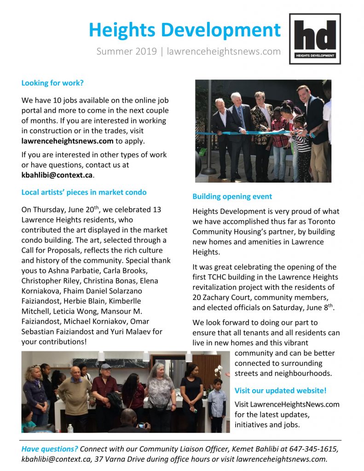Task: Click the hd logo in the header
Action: click(315, 39)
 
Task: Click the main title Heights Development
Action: click(185, 30)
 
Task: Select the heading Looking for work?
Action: click(52, 83)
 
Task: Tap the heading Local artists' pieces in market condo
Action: click(84, 192)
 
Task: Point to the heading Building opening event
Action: click(232, 196)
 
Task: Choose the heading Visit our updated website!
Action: click(280, 391)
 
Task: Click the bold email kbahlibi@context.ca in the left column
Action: click(58, 175)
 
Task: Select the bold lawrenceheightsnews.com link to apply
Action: click(67, 141)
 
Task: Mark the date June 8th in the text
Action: click(319, 308)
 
